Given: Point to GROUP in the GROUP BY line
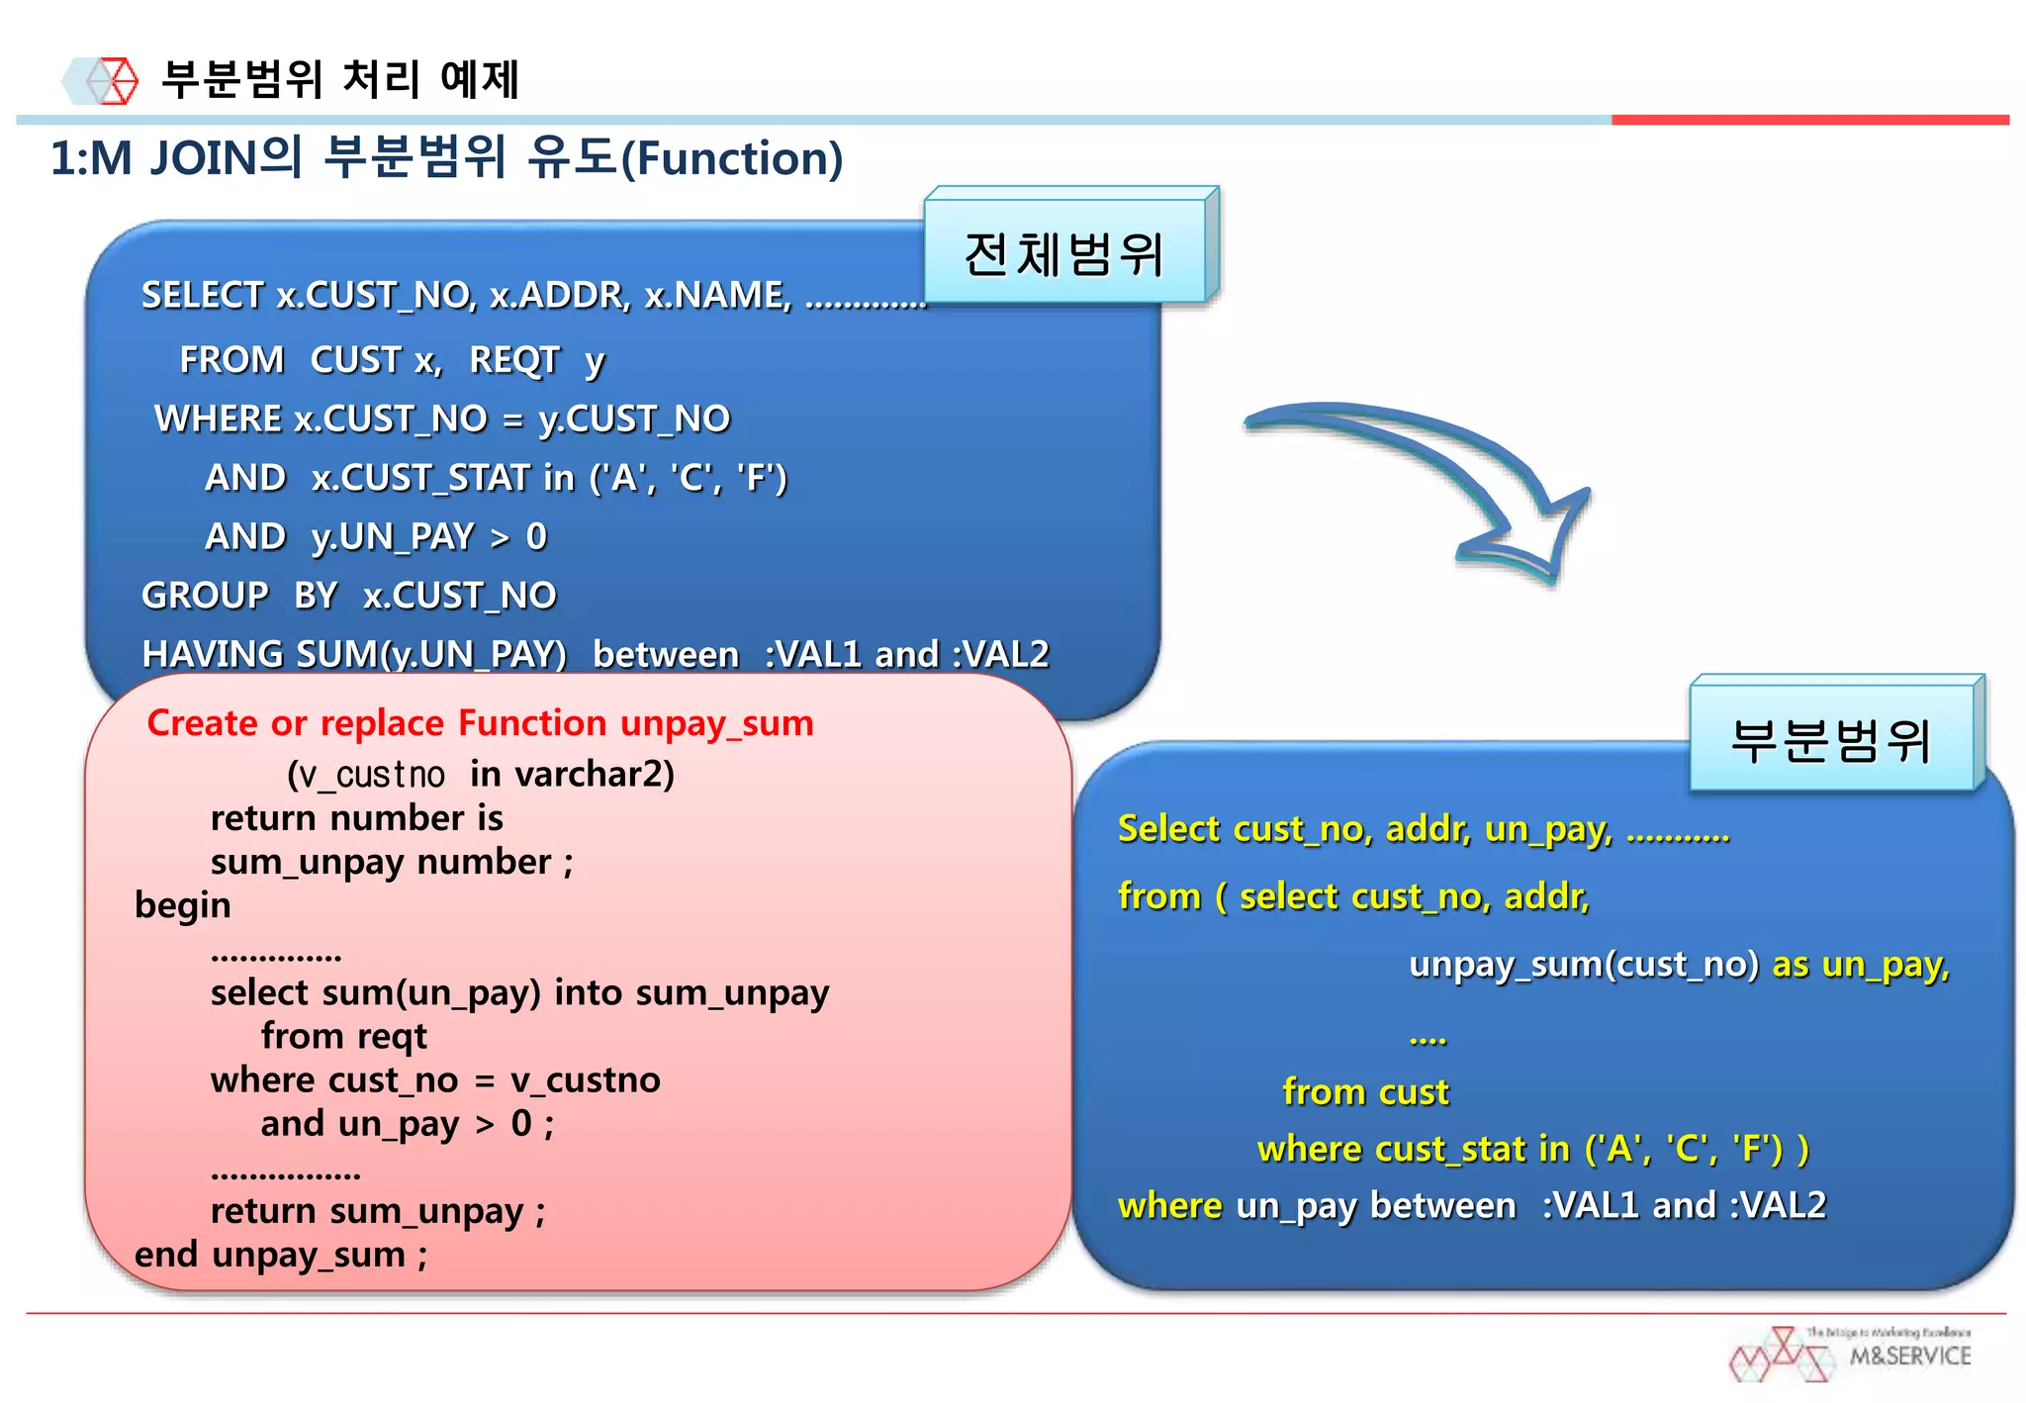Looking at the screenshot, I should click(205, 595).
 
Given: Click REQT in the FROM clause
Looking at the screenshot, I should click(514, 359).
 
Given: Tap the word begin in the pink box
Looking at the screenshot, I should click(183, 905).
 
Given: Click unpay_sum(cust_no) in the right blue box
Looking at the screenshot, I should click(1583, 964).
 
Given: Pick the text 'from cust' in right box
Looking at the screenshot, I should click(1365, 1091).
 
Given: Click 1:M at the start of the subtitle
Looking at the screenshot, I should click(91, 158).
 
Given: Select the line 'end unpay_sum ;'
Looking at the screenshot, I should click(281, 1255).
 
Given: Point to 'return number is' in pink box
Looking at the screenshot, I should click(356, 818).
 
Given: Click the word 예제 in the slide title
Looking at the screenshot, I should click(479, 79).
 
